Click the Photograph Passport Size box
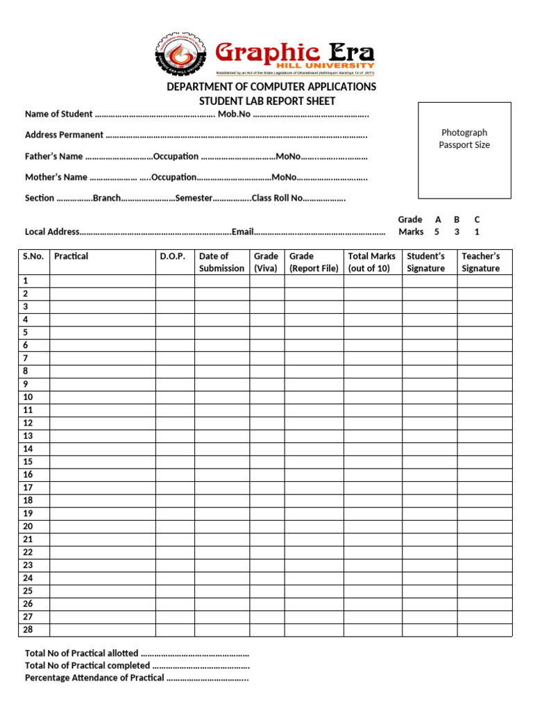(x=464, y=149)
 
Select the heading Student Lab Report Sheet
(x=267, y=101)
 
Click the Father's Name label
(x=53, y=156)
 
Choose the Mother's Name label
(x=56, y=177)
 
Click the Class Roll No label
(x=277, y=198)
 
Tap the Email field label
(x=243, y=232)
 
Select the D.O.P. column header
(x=173, y=256)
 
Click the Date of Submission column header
(x=221, y=262)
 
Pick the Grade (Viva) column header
(x=266, y=262)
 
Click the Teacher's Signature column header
(x=481, y=262)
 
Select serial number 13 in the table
(x=28, y=436)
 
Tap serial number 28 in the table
(x=28, y=630)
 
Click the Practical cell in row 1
(x=102, y=281)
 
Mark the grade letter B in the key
(x=457, y=219)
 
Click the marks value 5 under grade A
(x=437, y=232)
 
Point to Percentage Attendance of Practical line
(x=94, y=678)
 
